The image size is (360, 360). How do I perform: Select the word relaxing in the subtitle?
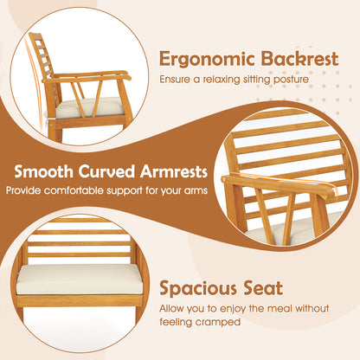point(221,80)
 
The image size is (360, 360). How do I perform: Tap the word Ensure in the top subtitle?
point(172,80)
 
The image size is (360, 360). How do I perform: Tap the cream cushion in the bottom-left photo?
point(78,279)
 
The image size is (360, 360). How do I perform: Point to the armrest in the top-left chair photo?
point(95,79)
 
